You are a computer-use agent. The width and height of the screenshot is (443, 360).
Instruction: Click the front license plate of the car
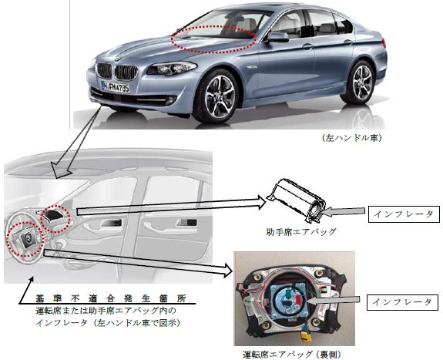click(x=116, y=87)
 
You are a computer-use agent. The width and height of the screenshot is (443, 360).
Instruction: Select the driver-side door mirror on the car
click(x=277, y=37)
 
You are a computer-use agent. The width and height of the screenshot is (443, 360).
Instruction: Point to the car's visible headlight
click(x=172, y=68)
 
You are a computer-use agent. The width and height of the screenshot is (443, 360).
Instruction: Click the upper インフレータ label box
click(x=404, y=214)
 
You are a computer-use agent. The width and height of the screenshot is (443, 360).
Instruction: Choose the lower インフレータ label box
click(x=402, y=302)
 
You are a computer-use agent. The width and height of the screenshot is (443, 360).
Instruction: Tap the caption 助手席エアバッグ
click(x=301, y=232)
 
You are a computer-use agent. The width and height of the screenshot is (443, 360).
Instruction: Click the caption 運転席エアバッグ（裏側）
click(x=292, y=354)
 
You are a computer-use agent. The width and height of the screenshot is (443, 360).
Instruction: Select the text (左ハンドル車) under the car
click(x=352, y=138)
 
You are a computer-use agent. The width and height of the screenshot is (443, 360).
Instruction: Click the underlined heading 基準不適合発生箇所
click(x=111, y=298)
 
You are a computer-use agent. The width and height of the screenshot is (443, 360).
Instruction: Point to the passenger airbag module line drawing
click(x=296, y=200)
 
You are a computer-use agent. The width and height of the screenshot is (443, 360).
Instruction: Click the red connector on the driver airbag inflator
click(x=299, y=299)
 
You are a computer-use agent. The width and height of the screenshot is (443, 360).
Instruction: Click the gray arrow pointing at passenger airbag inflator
click(x=344, y=212)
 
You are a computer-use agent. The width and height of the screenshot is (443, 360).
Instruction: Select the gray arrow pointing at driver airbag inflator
click(x=334, y=301)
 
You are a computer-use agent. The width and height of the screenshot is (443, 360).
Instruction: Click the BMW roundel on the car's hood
click(x=118, y=59)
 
